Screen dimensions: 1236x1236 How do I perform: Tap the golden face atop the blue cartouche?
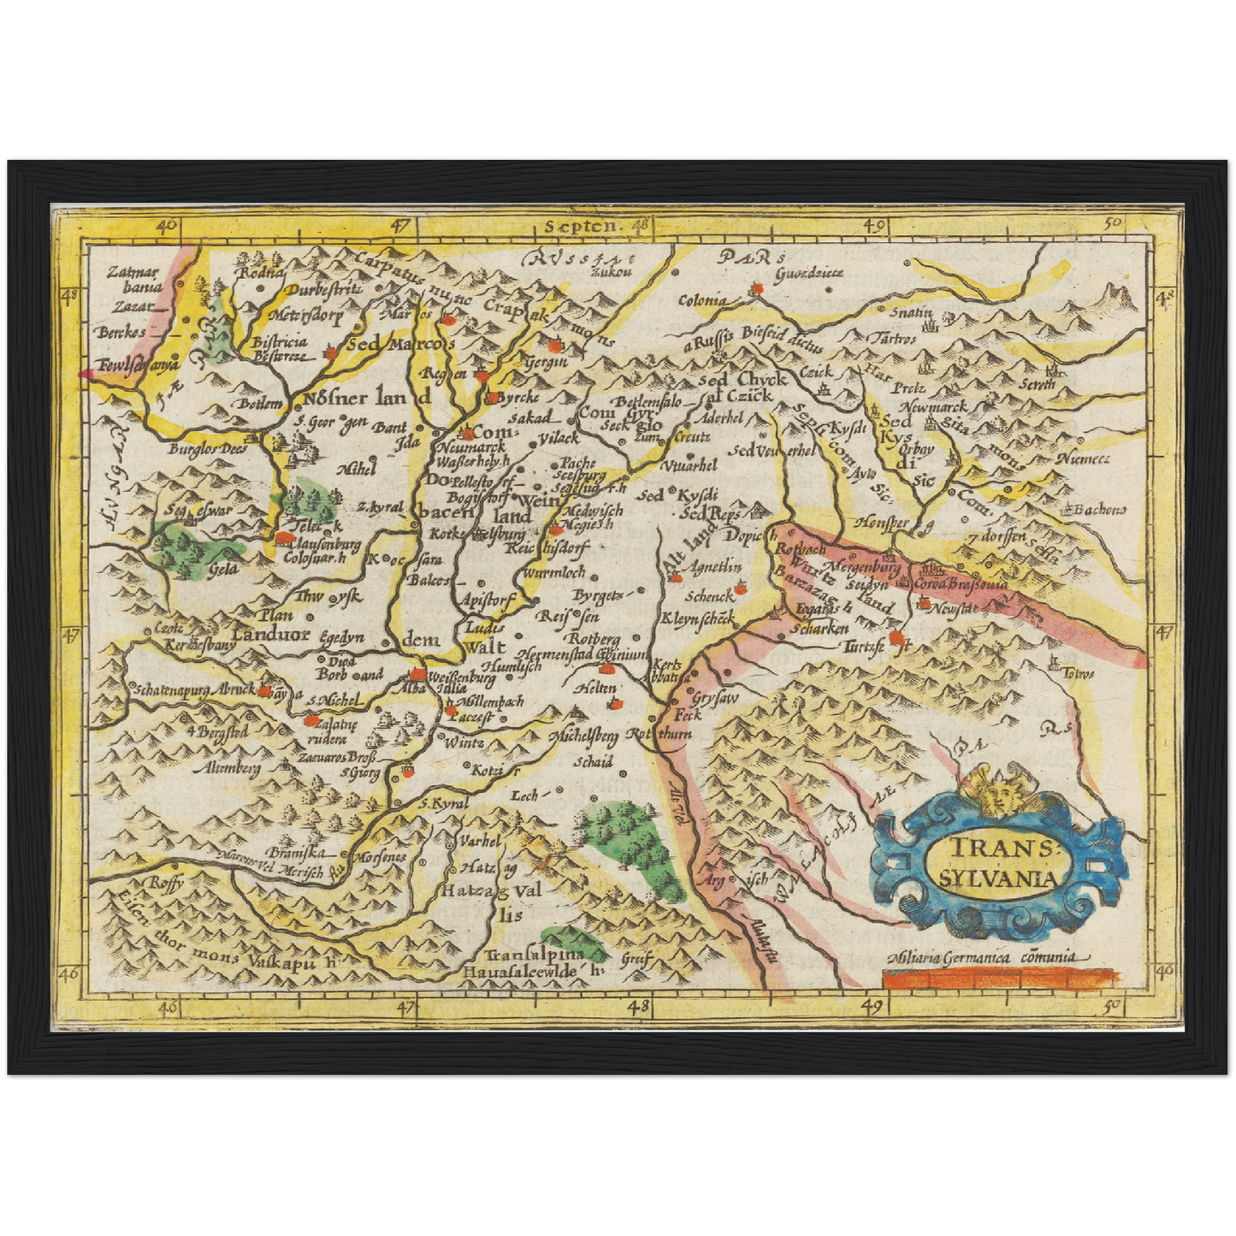coord(993,793)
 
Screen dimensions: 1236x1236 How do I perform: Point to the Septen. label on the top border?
coord(581,227)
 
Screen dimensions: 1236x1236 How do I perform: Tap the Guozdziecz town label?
coord(809,273)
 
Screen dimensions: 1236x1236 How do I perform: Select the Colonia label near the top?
coord(702,300)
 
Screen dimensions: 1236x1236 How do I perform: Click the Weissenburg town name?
coord(460,678)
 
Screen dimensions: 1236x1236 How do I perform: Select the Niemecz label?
coord(1083,459)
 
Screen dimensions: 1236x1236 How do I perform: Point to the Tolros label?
coord(1077,673)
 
